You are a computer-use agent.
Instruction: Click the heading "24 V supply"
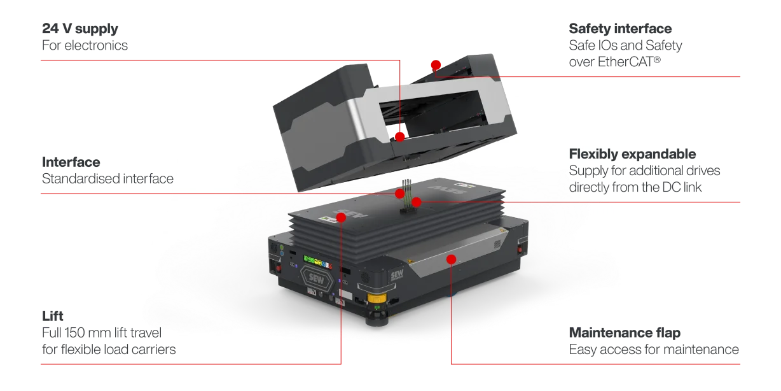pos(80,29)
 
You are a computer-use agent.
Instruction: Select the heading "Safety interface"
pos(620,29)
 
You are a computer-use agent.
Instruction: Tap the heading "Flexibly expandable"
pos(632,154)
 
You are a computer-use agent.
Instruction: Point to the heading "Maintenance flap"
pos(625,332)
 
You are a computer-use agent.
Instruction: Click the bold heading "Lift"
pos(53,316)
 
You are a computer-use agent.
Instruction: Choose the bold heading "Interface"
pos(71,162)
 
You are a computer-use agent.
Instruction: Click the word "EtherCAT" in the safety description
pos(625,62)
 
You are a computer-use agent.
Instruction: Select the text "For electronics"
pos(85,45)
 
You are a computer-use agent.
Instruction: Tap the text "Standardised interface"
pos(107,179)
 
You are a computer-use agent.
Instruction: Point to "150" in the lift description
pos(74,332)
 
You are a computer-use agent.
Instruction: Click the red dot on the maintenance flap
pos(451,259)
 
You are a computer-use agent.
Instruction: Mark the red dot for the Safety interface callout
pos(436,65)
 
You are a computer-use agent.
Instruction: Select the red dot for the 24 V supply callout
pos(400,137)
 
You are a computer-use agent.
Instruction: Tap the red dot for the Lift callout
pos(341,218)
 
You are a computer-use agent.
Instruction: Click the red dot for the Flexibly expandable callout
pos(417,202)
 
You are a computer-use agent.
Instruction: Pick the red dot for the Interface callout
pos(400,194)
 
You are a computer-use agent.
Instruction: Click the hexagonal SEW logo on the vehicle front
pos(317,279)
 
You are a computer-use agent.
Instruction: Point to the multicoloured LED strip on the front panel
pos(317,262)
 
